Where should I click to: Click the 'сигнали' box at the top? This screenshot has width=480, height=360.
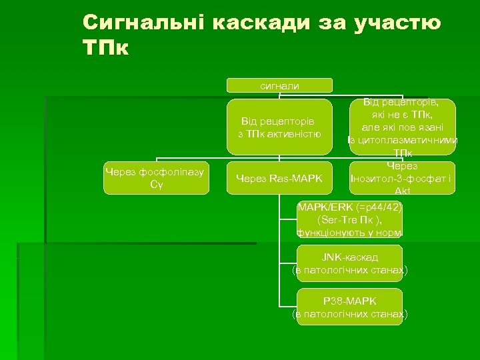click(x=279, y=85)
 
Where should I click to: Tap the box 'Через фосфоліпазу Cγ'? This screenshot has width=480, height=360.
click(x=157, y=178)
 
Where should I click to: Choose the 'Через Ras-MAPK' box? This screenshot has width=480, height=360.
click(x=279, y=178)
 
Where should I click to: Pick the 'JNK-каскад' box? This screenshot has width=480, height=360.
click(x=350, y=263)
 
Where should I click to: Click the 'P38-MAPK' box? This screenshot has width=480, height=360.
click(x=350, y=307)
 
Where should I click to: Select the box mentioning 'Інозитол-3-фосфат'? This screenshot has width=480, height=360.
click(x=403, y=178)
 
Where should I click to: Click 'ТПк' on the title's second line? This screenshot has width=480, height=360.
click(x=106, y=49)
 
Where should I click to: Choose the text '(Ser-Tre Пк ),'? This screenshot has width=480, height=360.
click(x=350, y=219)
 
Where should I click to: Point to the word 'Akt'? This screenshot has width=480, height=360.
click(x=403, y=191)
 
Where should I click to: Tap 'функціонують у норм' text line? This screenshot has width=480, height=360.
click(x=350, y=232)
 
